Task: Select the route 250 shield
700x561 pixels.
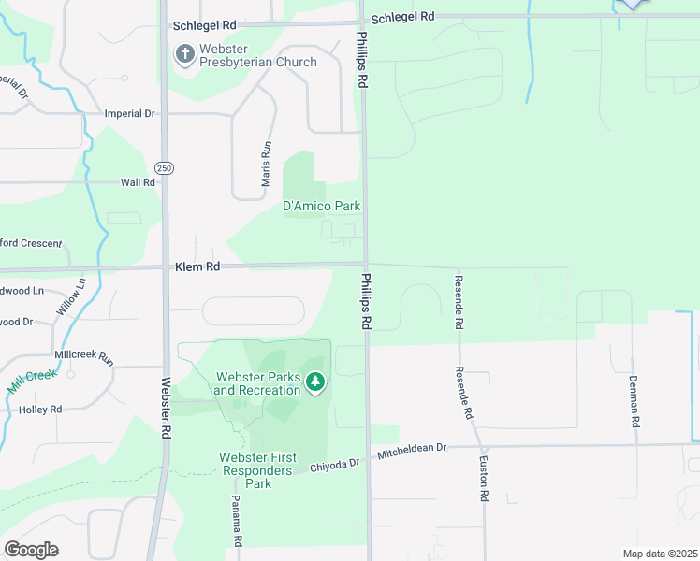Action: [165, 168]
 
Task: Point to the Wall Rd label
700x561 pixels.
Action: [138, 182]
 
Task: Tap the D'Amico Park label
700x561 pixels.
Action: [322, 206]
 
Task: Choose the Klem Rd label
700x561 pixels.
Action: [197, 266]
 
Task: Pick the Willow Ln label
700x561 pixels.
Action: [70, 296]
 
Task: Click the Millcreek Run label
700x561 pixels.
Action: [84, 357]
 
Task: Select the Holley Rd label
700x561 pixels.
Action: [40, 410]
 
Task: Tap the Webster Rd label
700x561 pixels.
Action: [166, 408]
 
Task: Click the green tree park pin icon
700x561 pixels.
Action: [316, 381]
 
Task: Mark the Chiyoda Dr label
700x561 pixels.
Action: [335, 465]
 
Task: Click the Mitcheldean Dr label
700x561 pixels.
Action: [413, 452]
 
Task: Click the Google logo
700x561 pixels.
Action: [31, 550]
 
